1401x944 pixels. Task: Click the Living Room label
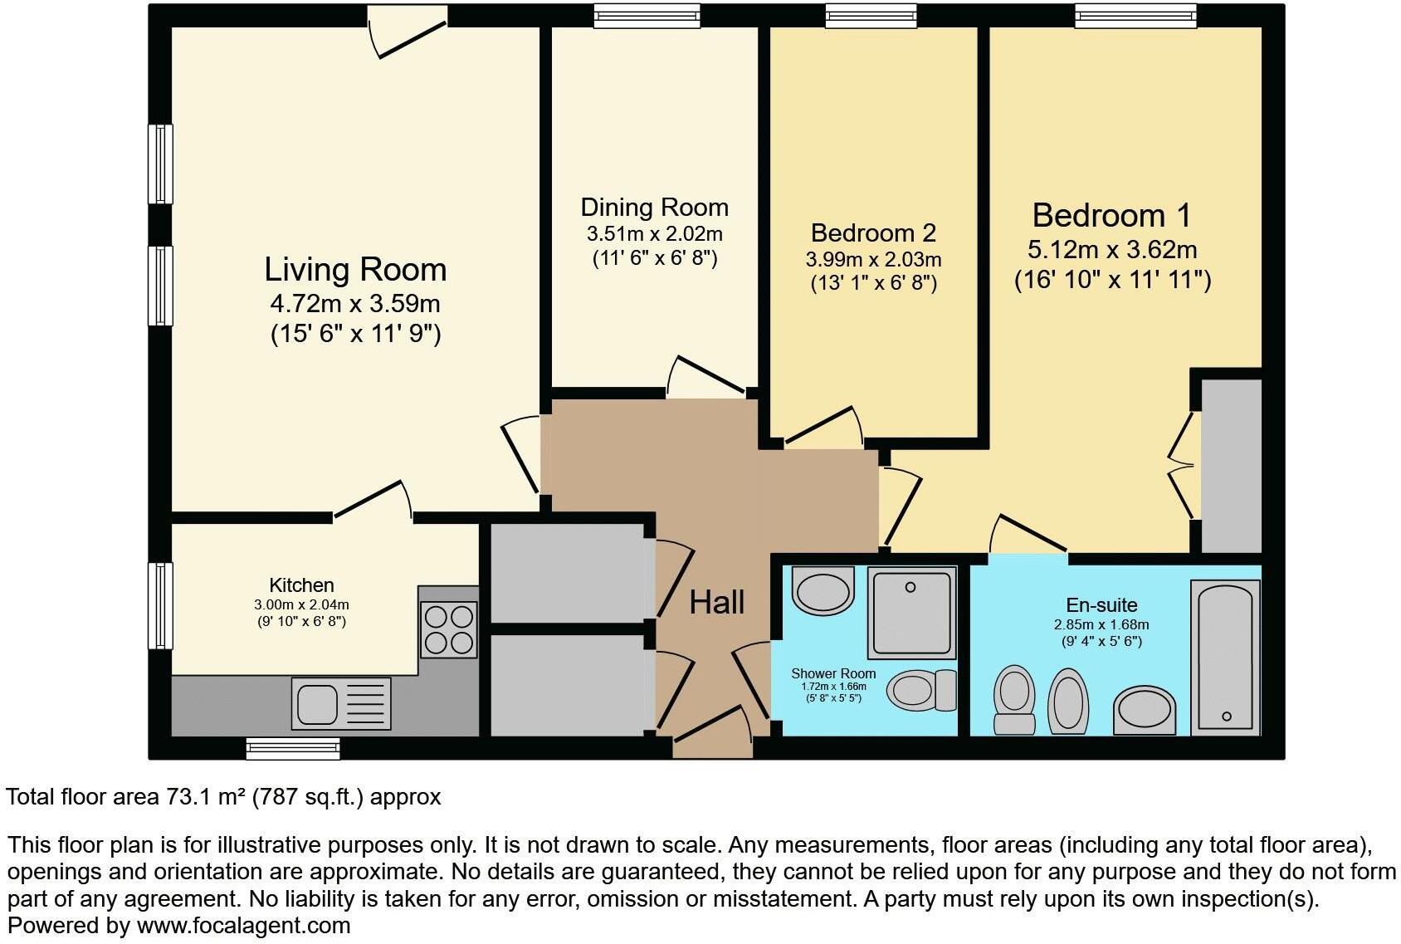pos(355,270)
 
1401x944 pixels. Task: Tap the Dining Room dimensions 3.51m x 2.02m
pos(654,234)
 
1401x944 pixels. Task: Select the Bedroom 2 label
pos(873,233)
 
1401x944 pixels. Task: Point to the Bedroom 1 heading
pos(1111,216)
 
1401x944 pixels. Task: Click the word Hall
pos(717,603)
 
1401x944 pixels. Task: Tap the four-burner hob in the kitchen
pos(449,629)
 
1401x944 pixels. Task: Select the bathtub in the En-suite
pos(1226,657)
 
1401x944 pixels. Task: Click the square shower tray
pos(911,613)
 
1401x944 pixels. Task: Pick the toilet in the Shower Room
pos(922,690)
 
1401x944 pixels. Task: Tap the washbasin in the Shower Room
pos(823,590)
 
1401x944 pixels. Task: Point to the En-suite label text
pos(1101,605)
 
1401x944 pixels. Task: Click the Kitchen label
pos(301,585)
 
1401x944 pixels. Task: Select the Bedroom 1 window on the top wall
pos(1135,16)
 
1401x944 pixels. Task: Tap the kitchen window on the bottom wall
pos(293,749)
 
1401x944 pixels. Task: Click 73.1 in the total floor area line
pos(186,797)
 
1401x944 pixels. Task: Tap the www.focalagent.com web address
pos(243,925)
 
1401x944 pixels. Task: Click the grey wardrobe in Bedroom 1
pos(1232,466)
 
